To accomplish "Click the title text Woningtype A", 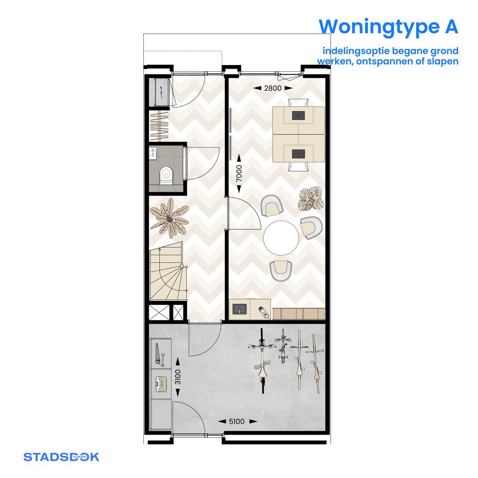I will [388, 27].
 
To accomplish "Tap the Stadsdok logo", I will [61, 457].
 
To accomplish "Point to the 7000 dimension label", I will [239, 173].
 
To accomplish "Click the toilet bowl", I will [166, 174].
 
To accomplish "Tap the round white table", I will [281, 238].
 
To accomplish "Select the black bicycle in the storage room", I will [262, 361].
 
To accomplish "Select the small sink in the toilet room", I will [153, 154].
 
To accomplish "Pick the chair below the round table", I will [281, 270].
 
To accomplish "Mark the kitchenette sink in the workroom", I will [239, 309].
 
